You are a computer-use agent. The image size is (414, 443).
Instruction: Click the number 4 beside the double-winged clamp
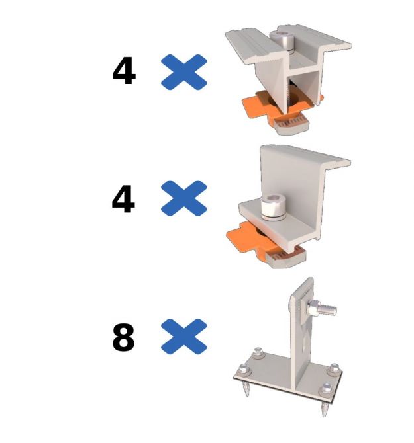(124, 71)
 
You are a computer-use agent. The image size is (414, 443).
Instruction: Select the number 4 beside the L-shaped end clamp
(123, 199)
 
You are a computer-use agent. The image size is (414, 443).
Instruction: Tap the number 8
(123, 337)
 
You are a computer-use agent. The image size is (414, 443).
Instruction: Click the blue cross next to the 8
(184, 337)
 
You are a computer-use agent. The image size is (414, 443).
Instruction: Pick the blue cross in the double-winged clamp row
(184, 72)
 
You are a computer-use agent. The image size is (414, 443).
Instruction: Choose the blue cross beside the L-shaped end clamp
(184, 198)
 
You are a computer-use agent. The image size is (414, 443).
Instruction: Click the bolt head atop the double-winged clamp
(282, 40)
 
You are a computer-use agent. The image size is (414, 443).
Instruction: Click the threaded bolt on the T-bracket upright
(323, 308)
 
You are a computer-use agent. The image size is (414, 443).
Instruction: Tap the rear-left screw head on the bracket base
(258, 352)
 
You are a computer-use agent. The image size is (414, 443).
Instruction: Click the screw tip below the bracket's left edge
(247, 389)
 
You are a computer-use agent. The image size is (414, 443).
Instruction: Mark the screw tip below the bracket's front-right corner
(325, 410)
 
